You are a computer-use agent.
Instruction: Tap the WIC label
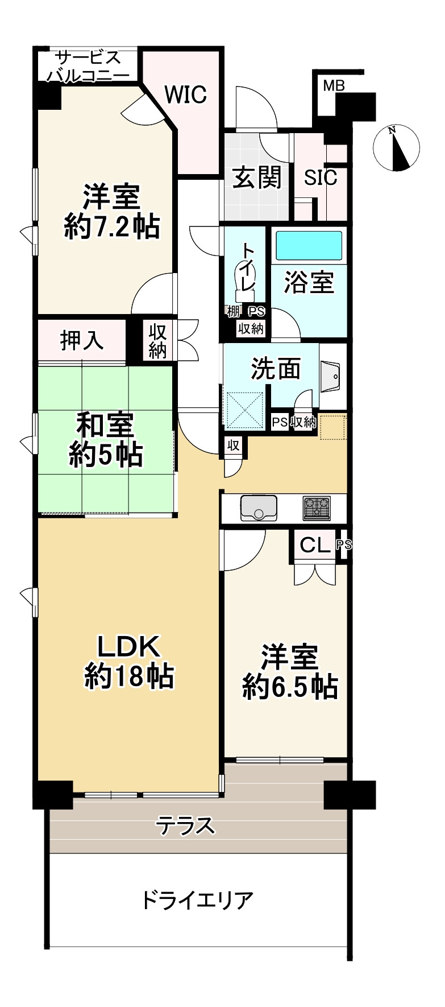point(185,94)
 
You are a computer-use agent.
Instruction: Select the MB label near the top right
point(334,86)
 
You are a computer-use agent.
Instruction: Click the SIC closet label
point(321,178)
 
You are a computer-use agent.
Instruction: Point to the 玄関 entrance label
point(257,178)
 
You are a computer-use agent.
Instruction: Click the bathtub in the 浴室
point(309,245)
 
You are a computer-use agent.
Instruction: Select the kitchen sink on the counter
point(259,507)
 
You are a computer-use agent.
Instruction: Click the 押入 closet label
point(82,340)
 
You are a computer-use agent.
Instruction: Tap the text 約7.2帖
point(111,228)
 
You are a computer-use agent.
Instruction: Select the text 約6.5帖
point(290,687)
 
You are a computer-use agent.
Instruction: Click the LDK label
point(129,646)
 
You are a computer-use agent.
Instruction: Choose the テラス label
point(186,825)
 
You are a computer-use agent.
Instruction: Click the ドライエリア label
point(196,901)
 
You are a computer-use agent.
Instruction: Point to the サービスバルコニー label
point(88,67)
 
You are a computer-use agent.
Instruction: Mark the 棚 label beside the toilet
point(233,311)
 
